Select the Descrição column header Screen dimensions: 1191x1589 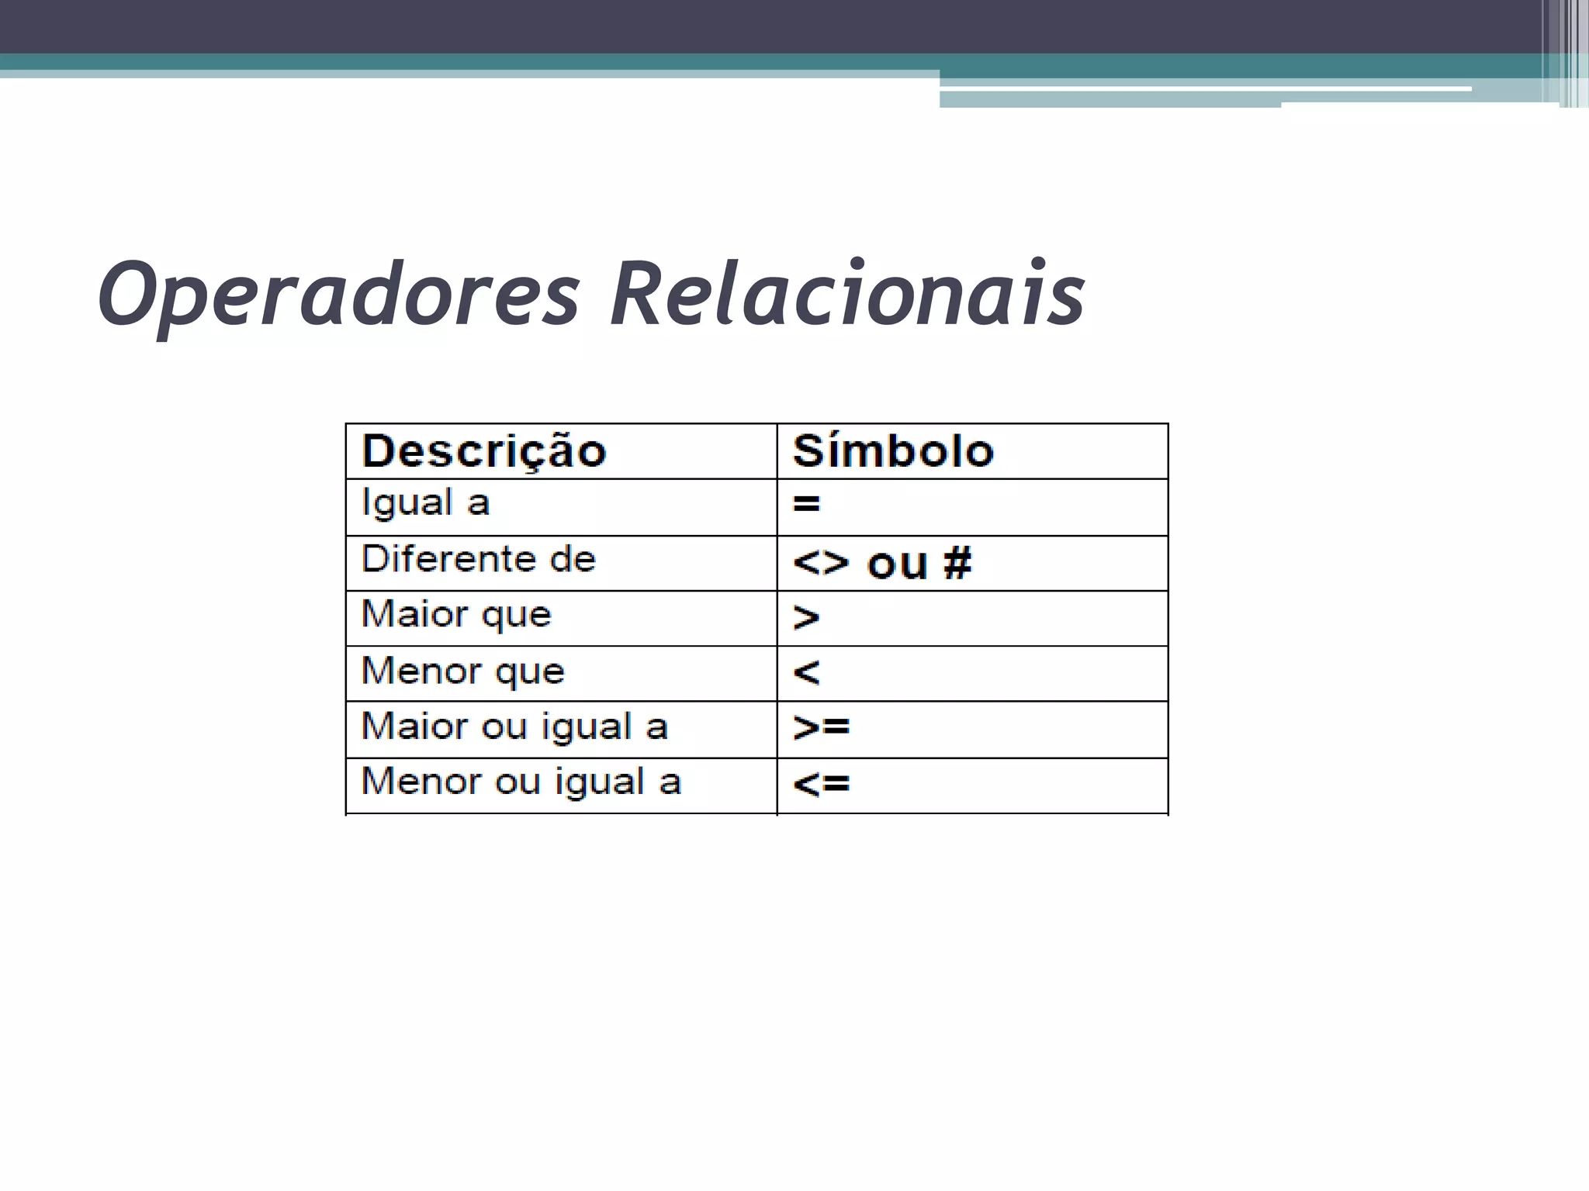(x=483, y=451)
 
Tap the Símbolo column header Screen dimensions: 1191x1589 (x=892, y=451)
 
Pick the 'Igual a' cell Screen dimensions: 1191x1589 (x=425, y=503)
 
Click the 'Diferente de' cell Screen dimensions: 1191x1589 (x=478, y=559)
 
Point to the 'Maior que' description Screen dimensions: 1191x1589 (x=456, y=615)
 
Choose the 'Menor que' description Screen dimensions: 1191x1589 (x=462, y=671)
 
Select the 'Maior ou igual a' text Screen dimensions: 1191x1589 (x=514, y=727)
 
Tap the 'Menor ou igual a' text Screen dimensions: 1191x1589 (x=521, y=782)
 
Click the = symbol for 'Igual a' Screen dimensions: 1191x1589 (x=806, y=505)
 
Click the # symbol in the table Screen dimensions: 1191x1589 (x=957, y=562)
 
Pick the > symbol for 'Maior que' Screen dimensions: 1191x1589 (x=806, y=618)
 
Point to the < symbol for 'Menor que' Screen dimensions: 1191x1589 (x=806, y=672)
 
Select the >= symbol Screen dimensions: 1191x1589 (x=821, y=727)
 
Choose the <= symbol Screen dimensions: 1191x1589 (x=821, y=784)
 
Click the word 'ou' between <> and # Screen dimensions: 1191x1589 (x=897, y=564)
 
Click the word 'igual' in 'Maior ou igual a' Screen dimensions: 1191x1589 (x=586, y=727)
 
